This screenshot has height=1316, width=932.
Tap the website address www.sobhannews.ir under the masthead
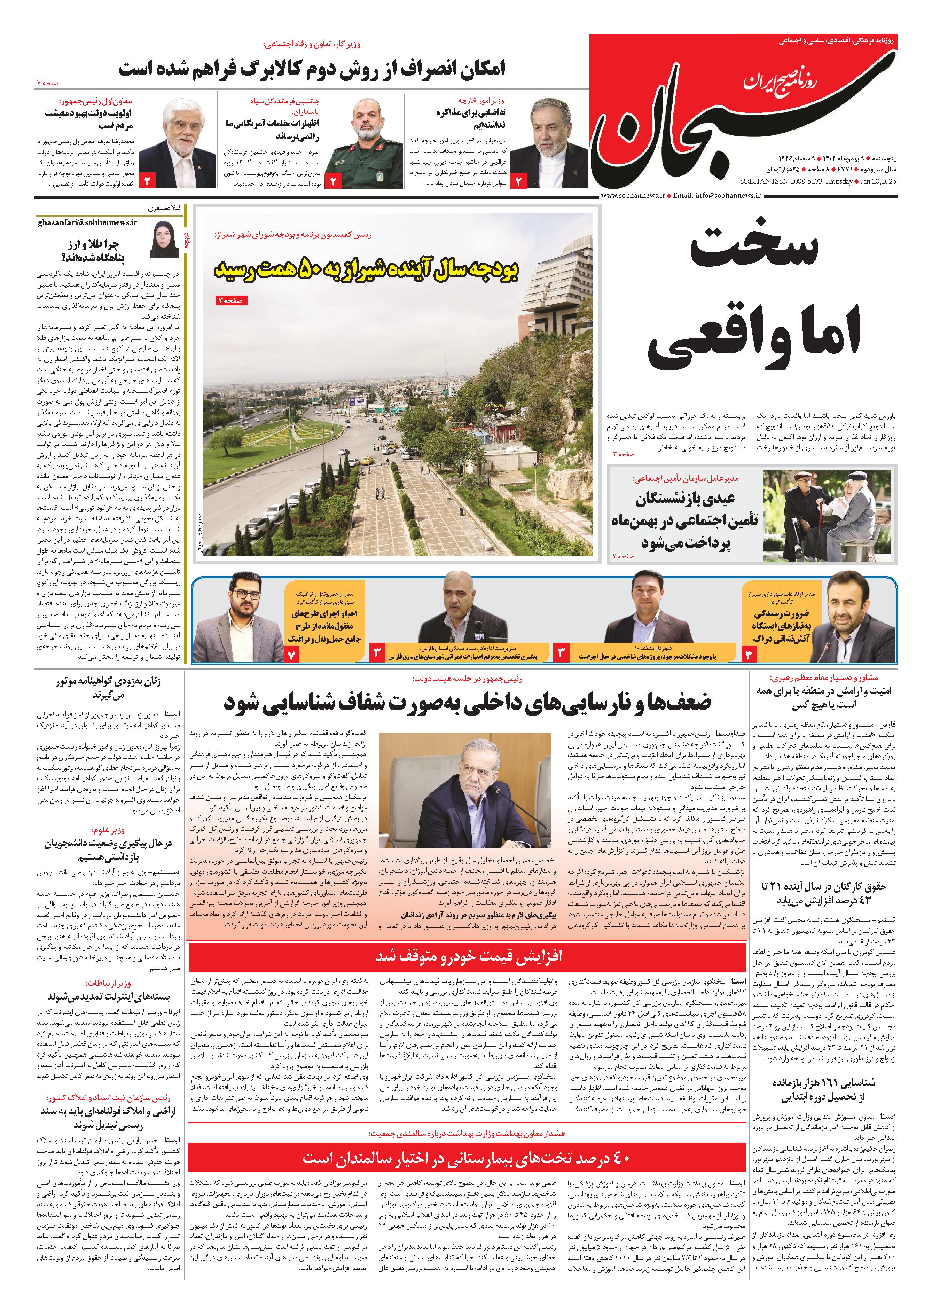633,196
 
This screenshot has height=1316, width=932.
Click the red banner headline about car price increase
468,957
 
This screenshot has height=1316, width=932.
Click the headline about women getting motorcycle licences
109,688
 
